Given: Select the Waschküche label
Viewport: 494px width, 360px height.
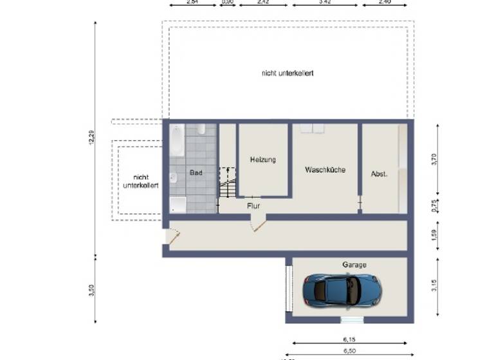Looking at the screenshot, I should [x=325, y=170].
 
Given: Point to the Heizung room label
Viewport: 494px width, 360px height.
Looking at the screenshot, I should [x=262, y=159].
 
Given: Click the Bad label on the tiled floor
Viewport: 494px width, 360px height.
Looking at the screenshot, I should [x=196, y=172].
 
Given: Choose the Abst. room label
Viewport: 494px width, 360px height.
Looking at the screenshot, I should [x=379, y=174].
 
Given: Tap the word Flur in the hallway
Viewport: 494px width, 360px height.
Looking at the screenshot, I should [x=253, y=206].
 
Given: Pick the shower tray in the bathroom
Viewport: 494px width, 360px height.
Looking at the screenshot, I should [x=178, y=204].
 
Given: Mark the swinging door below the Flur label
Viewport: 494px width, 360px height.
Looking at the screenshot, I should [x=258, y=224].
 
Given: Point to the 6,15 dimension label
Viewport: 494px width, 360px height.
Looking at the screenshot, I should [x=349, y=338].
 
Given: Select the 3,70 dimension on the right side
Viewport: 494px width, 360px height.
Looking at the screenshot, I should [x=434, y=159].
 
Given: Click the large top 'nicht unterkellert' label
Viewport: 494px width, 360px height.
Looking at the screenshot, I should [x=288, y=73].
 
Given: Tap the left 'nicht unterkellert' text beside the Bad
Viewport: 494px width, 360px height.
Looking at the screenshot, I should [x=140, y=181].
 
